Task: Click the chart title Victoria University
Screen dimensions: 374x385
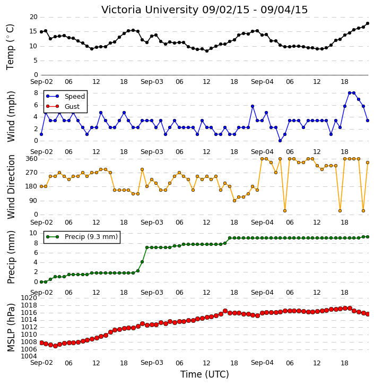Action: coord(150,10)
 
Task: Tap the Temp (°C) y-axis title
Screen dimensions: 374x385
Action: coord(10,47)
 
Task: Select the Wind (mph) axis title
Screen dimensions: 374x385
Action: coord(11,117)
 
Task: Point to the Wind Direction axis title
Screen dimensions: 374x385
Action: coord(11,187)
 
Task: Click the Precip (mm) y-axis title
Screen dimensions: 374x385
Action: coord(11,257)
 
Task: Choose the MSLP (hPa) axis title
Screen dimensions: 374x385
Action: coord(11,328)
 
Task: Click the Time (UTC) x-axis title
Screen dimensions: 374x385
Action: coord(205,374)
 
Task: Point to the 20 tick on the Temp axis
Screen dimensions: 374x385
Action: coord(33,17)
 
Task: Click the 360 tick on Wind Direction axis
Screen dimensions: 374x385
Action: coord(32,159)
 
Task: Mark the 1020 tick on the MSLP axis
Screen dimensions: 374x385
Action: coord(29,298)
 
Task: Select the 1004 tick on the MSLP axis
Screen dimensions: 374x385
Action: coord(29,356)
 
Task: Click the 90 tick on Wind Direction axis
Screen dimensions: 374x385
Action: coord(33,201)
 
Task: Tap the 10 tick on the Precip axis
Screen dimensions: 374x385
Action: coord(33,233)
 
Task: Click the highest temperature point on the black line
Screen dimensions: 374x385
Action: coord(368,23)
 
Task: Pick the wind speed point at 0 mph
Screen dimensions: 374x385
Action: coord(280,141)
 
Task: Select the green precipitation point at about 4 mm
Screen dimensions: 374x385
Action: coord(142,262)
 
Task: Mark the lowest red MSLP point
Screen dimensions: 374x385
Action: coord(55,346)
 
